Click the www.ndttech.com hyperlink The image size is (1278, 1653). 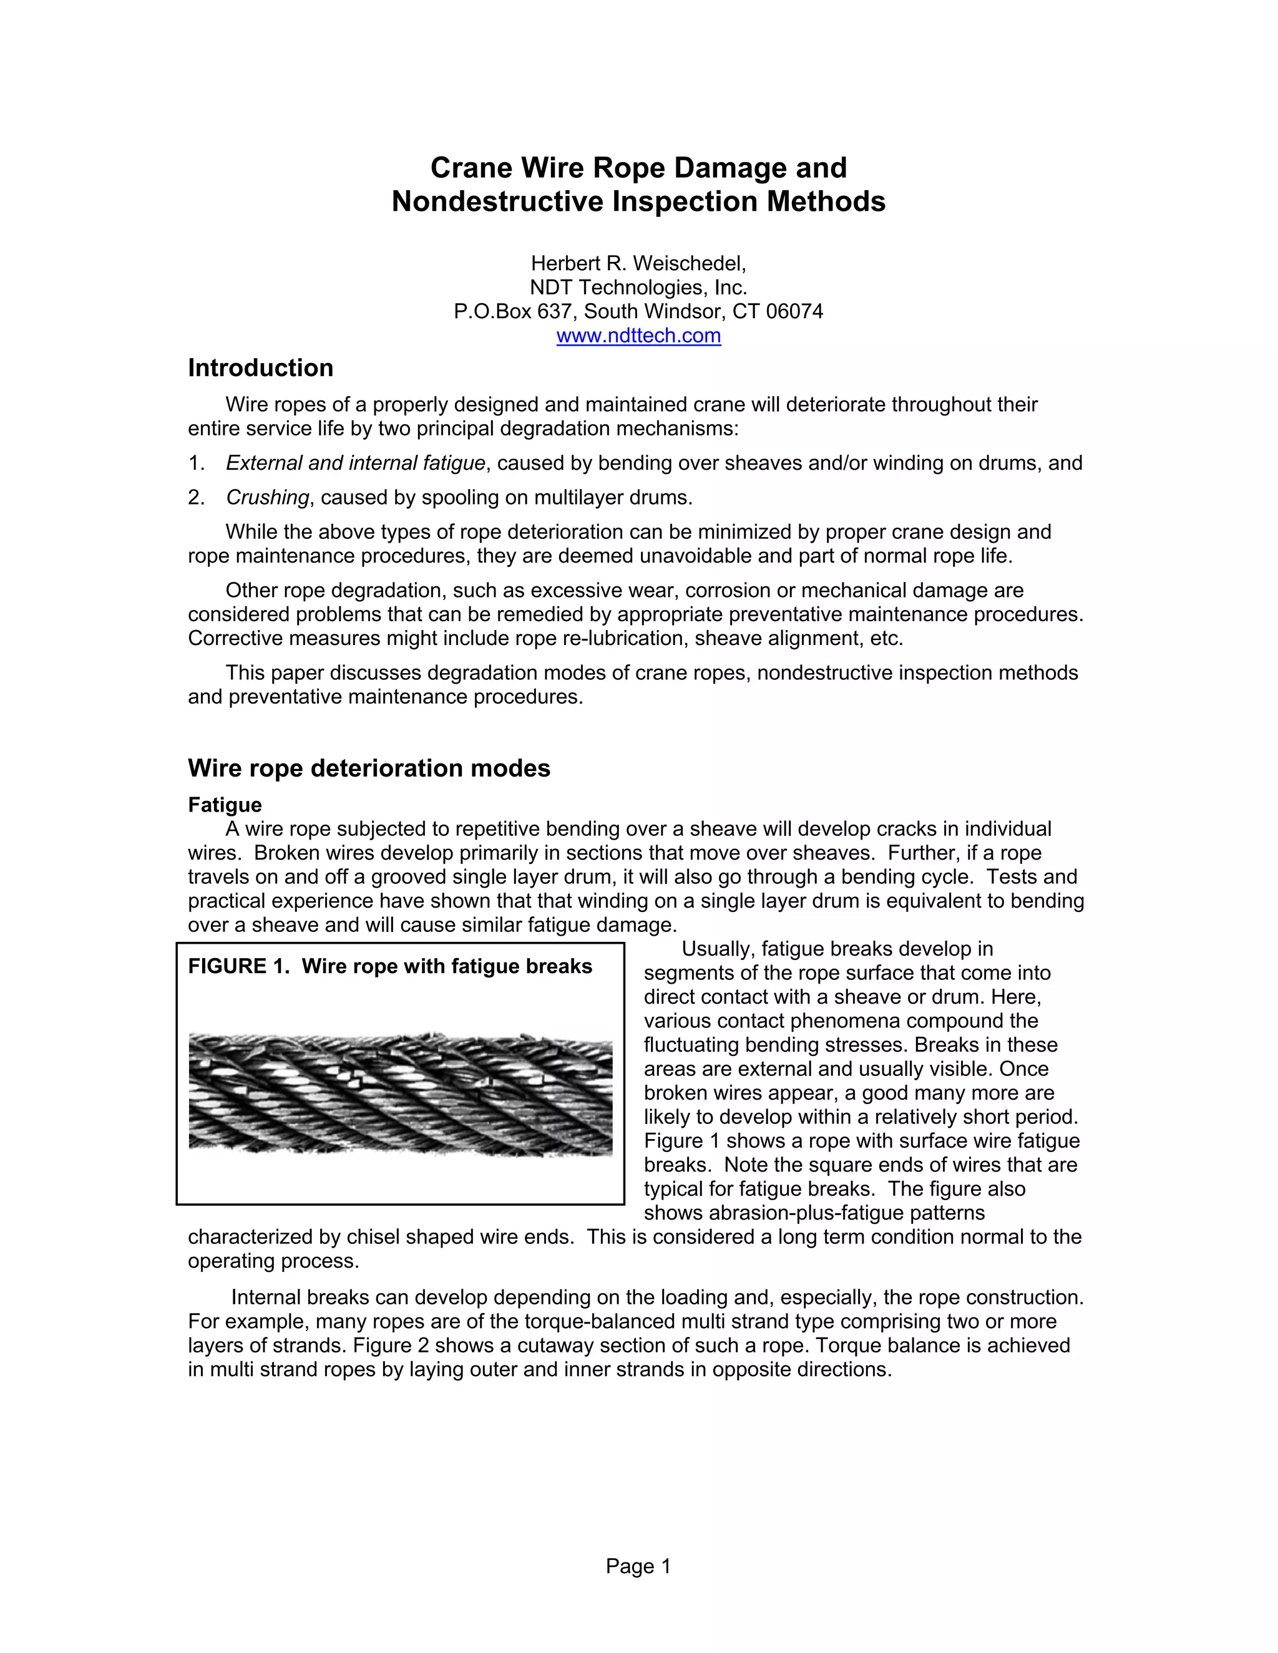point(638,336)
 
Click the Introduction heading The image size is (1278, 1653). point(260,368)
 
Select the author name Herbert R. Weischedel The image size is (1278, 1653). point(638,263)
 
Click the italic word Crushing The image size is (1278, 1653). point(267,497)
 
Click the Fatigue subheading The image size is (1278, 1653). point(225,805)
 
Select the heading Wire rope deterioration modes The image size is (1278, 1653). point(369,768)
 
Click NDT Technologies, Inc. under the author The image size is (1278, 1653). point(638,288)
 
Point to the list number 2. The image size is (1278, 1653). point(195,497)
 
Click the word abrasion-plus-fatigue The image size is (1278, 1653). point(846,1213)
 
